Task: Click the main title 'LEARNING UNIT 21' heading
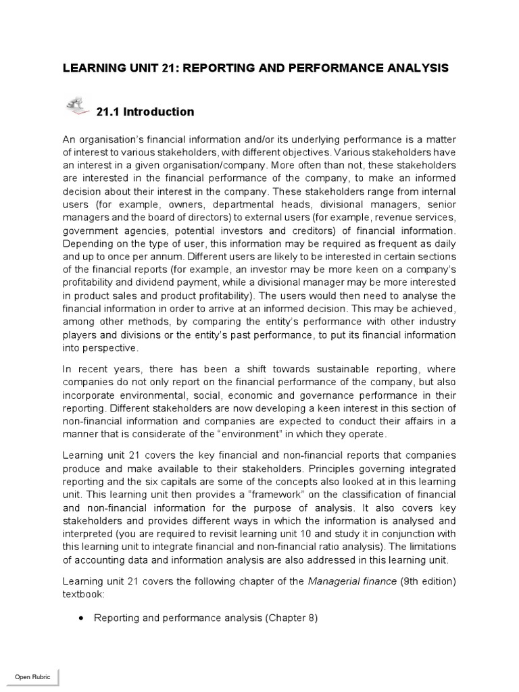pyautogui.click(x=255, y=68)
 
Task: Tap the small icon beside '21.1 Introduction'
pyautogui.click(x=76, y=106)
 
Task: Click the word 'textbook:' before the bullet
pyautogui.click(x=84, y=595)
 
